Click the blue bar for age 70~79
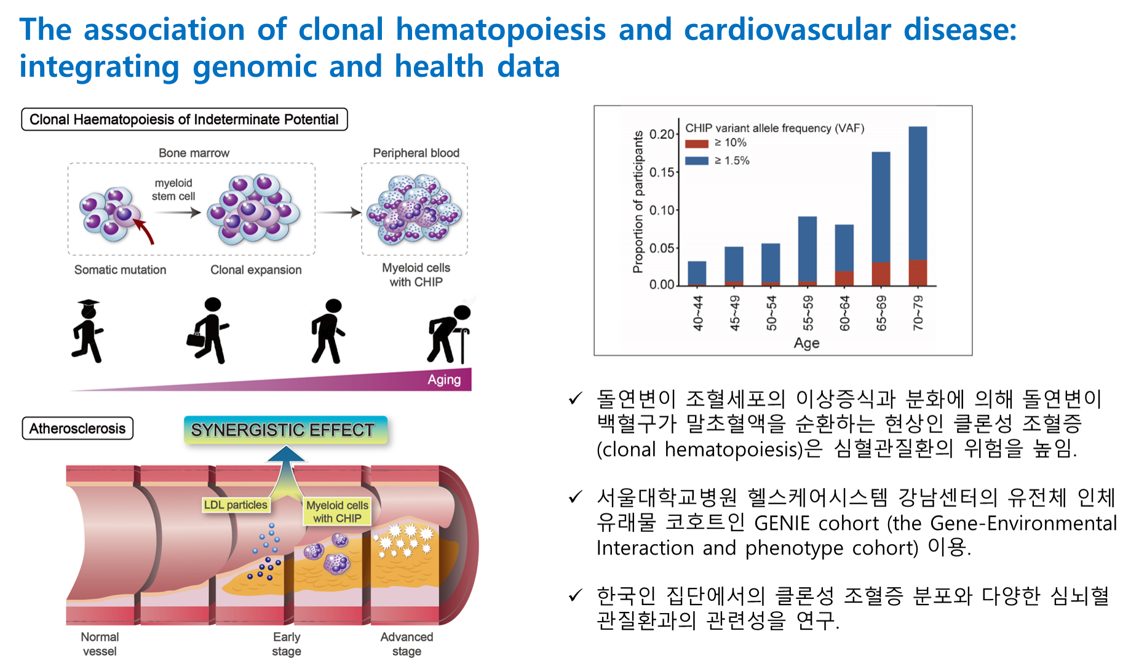point(918,193)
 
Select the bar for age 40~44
point(697,273)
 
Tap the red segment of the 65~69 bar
point(881,274)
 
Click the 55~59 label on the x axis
point(808,312)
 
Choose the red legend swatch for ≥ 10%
point(697,143)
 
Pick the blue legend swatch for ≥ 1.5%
point(697,161)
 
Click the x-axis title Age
point(806,343)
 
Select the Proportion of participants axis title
point(638,202)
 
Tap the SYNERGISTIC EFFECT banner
point(285,430)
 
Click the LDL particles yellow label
point(236,505)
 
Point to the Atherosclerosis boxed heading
point(77,428)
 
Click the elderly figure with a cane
point(450,333)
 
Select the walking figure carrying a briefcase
point(208,331)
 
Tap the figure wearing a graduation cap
point(88,331)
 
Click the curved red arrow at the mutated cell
point(145,231)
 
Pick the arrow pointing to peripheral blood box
point(339,212)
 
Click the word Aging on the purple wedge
point(444,379)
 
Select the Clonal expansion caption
point(256,270)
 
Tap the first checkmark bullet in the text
point(575,398)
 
